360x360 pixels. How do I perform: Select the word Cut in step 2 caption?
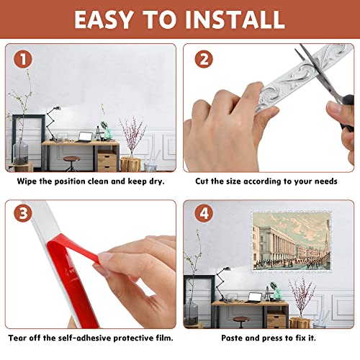point(203,181)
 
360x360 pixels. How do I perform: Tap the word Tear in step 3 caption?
point(20,337)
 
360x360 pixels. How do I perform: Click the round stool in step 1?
point(71,160)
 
